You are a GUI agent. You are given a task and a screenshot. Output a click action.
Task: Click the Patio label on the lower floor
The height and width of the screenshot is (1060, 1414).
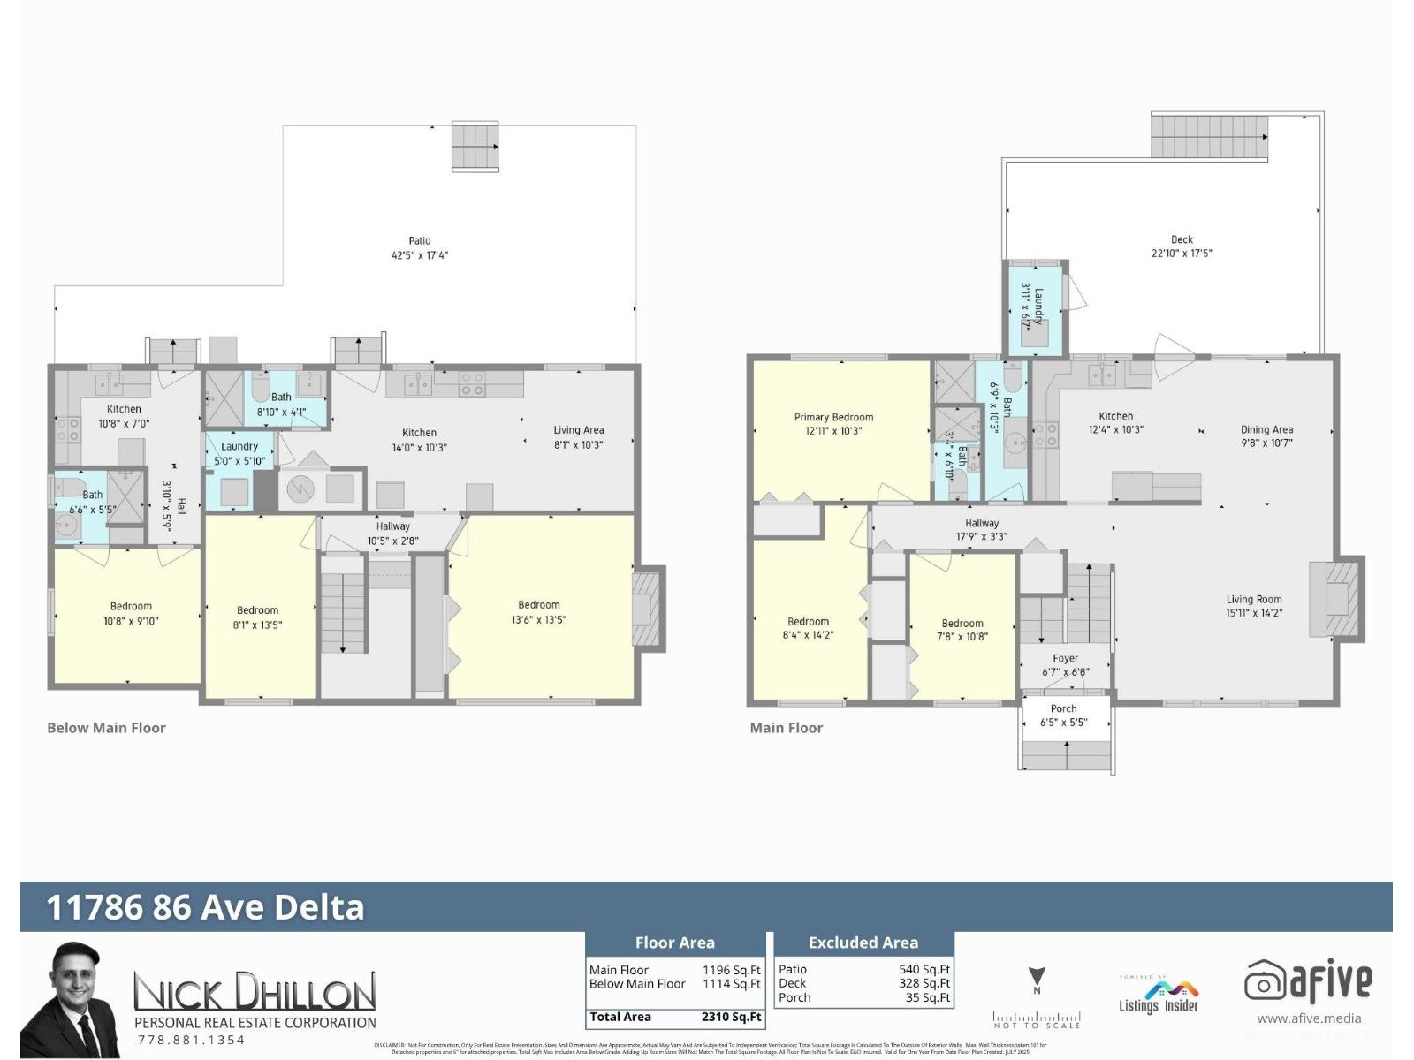(420, 240)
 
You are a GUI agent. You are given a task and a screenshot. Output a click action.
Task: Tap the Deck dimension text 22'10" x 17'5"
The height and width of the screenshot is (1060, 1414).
(1182, 254)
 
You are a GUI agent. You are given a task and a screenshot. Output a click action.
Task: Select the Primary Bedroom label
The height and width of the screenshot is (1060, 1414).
(833, 417)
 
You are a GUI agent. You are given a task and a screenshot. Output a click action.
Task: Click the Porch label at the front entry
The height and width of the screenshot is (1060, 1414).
(1063, 708)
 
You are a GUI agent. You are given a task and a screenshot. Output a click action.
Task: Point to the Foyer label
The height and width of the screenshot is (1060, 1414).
(1065, 658)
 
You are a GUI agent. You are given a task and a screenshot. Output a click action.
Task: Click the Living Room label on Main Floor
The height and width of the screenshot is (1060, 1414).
(1253, 599)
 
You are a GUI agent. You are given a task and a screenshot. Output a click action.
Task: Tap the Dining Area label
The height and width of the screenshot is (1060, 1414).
(1266, 429)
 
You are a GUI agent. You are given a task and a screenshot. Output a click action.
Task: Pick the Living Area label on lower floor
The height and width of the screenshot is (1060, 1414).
(579, 430)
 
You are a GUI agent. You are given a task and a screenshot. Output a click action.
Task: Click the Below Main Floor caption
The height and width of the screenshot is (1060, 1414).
(106, 728)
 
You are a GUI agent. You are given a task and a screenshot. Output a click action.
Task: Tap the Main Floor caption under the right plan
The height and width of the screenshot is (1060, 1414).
(786, 728)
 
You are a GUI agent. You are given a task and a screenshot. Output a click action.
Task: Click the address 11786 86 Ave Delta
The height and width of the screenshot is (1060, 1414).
(205, 907)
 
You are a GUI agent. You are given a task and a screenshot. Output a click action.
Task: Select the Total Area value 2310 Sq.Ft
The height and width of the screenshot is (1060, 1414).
(731, 1017)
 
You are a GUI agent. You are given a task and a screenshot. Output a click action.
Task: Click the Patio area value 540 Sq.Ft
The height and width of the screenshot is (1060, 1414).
(924, 969)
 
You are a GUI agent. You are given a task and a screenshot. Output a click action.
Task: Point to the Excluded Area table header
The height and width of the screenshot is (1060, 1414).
(863, 943)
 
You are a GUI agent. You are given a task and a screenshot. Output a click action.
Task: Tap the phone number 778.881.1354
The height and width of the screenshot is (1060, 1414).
(191, 1040)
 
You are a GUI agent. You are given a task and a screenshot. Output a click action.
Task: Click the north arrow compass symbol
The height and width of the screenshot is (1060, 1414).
(1037, 980)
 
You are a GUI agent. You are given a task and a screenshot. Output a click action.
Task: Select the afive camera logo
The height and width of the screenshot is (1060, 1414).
(1264, 980)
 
